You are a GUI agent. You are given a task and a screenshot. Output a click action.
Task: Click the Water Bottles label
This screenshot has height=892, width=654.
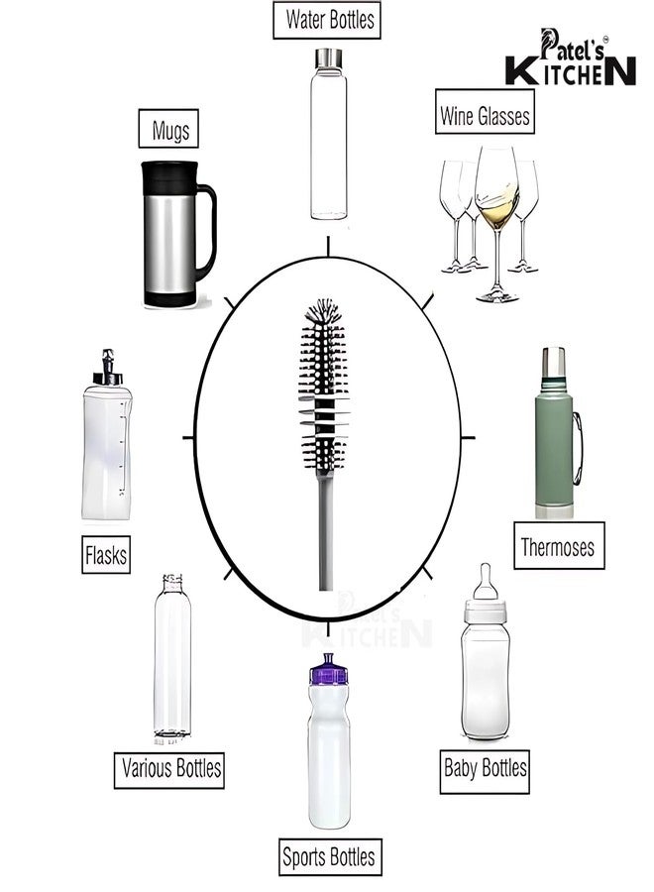[326, 20]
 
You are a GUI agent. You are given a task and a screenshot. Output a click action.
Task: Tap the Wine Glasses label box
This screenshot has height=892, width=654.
[485, 111]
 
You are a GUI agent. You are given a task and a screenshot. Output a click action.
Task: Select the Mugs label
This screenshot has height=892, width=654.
[168, 129]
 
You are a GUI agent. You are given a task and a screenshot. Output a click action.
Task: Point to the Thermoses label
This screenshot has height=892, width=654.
[559, 545]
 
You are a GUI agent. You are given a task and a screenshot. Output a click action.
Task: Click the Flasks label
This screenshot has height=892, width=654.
[106, 554]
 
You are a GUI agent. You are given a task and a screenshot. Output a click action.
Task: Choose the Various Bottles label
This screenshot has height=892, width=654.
[169, 770]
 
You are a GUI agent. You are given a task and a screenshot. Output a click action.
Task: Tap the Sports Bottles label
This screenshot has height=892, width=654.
[329, 856]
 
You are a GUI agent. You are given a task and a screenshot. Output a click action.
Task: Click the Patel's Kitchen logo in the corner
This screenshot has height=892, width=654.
[571, 56]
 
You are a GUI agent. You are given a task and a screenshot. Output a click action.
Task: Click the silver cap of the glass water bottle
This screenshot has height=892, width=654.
[329, 58]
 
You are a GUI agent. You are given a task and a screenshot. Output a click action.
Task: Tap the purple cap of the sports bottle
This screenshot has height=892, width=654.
[329, 670]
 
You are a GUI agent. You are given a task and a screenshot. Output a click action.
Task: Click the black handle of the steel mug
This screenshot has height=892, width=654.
[206, 232]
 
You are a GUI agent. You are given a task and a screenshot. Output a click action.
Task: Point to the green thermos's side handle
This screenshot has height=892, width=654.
[578, 448]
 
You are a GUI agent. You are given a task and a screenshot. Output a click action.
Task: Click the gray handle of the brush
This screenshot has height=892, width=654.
[325, 531]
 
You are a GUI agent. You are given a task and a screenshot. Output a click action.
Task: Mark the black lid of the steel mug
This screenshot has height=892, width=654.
[170, 177]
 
